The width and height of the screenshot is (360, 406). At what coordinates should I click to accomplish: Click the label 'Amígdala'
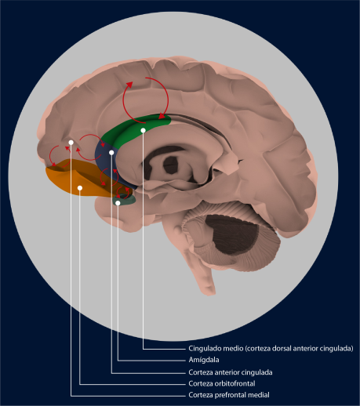204,360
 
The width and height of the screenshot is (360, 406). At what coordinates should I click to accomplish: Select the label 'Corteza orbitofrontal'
222,383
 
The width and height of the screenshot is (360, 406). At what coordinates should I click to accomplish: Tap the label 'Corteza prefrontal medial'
229,395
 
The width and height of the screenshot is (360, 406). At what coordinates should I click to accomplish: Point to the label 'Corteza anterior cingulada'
231,372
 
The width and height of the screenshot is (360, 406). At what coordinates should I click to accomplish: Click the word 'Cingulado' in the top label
203,349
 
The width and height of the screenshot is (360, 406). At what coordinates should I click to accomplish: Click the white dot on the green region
143,130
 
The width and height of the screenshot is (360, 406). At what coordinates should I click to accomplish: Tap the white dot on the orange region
80,188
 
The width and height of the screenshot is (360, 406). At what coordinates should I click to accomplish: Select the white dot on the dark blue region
111,152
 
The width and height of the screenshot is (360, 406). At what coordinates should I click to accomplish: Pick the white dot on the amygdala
118,203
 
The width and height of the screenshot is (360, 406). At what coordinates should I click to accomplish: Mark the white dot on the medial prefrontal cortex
71,143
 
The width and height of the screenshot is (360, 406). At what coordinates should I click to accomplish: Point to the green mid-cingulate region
131,131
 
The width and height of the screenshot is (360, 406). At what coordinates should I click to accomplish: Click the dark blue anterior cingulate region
104,163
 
